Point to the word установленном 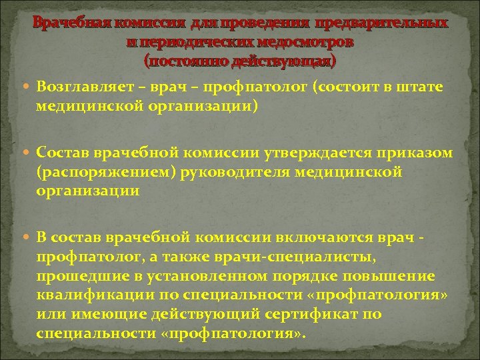point(193,276)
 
